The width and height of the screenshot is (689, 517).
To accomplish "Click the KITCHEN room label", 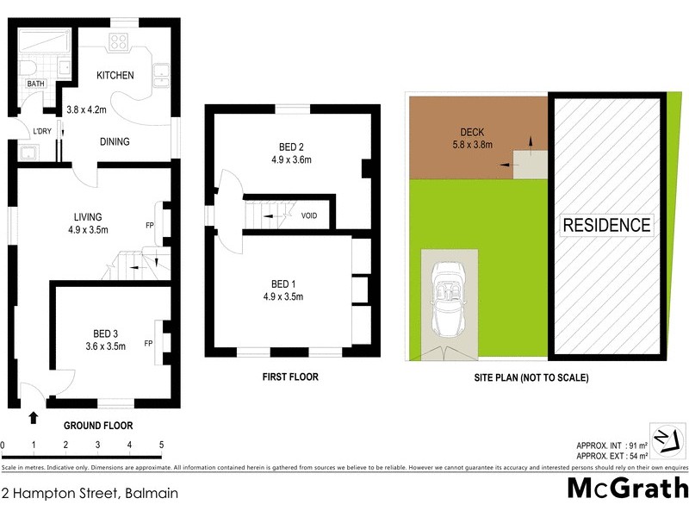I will [115, 75].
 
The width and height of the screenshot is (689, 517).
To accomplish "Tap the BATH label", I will [35, 84].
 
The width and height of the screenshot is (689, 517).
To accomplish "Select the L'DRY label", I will [41, 130].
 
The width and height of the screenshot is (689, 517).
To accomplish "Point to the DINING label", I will [115, 142].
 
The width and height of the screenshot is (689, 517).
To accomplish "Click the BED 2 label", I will [284, 145].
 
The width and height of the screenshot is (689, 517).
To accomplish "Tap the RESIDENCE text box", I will [606, 226].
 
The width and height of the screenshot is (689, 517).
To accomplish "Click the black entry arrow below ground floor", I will [34, 418].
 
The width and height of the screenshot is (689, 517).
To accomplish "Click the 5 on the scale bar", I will [162, 445].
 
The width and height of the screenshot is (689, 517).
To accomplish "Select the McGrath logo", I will [628, 489].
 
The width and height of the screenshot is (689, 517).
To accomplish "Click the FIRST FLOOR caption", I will [291, 377].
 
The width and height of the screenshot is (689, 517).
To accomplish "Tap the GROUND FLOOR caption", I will [99, 425].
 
